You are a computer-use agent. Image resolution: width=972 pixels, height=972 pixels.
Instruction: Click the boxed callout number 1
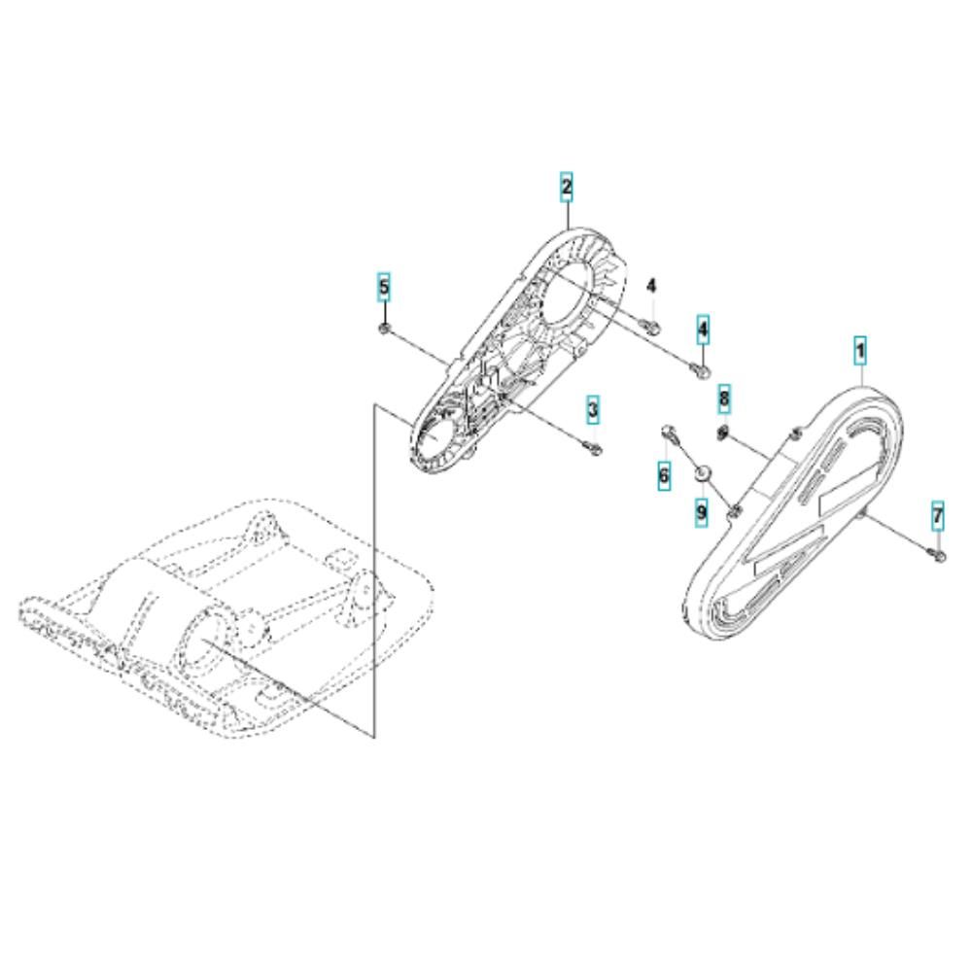(x=860, y=351)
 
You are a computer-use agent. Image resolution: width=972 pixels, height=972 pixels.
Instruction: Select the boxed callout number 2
(x=567, y=187)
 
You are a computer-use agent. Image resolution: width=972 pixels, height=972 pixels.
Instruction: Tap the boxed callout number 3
(x=593, y=409)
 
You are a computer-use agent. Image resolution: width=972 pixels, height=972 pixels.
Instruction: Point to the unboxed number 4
(x=651, y=287)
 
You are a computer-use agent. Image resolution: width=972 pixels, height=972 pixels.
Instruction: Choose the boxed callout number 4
(x=703, y=330)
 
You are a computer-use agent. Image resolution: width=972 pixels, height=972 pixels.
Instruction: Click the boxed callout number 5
(x=384, y=287)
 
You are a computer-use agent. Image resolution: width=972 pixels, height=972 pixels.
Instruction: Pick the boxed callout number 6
(x=664, y=475)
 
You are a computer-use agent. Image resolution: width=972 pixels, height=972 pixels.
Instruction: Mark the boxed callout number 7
(x=938, y=516)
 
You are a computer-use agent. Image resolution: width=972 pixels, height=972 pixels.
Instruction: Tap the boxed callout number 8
(x=724, y=399)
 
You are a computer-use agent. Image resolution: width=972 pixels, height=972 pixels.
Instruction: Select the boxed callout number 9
(x=701, y=512)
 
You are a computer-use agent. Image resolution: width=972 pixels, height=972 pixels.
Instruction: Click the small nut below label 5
(x=384, y=328)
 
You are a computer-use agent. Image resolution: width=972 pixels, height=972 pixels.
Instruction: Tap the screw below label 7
(x=939, y=555)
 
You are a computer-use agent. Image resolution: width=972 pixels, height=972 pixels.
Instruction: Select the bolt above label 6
(x=670, y=433)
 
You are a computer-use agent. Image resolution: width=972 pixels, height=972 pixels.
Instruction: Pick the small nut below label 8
(x=723, y=433)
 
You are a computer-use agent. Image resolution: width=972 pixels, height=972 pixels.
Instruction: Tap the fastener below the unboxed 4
(x=651, y=325)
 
